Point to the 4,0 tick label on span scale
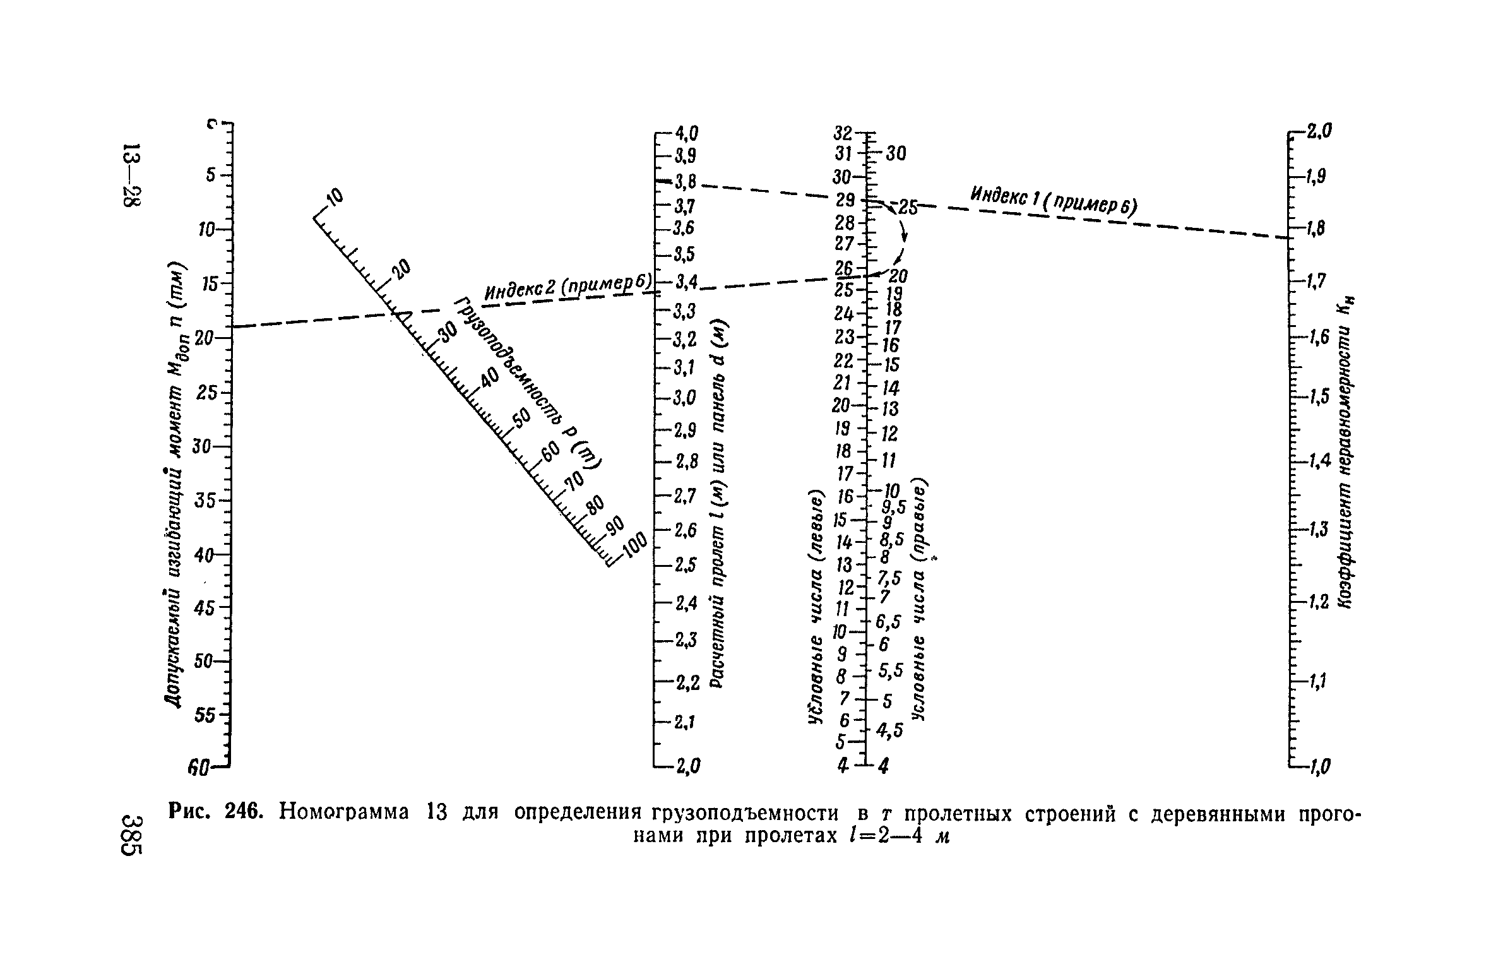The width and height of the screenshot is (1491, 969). pos(687,133)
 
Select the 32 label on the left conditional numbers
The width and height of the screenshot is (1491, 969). pos(843,133)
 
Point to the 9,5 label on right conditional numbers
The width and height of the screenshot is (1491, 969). pos(893,506)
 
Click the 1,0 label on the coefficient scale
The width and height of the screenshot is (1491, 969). pos(1318,768)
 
